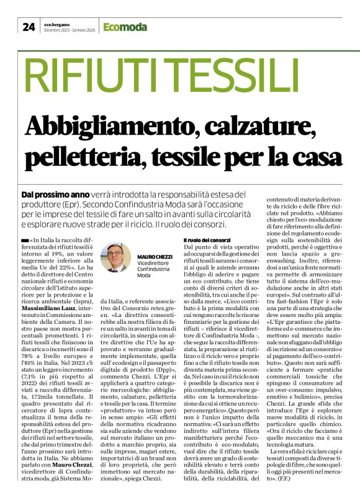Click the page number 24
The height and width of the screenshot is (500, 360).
(x=29, y=27)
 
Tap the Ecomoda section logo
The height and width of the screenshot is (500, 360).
(x=125, y=27)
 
